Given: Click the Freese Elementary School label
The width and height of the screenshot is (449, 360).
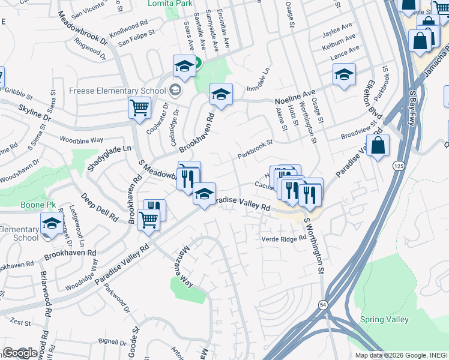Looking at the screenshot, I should coord(117,91).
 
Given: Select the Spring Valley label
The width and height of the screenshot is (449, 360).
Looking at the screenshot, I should coord(385,319).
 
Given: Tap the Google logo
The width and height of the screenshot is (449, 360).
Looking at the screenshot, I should coord(20,353).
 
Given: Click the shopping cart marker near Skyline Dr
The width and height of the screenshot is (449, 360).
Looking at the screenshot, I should coord(139,109).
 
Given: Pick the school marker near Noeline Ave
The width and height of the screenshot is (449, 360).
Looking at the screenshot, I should coord(221,94).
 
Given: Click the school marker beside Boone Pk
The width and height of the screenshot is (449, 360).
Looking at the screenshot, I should coord(52,224).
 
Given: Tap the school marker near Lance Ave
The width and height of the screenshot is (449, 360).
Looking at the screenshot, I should coord(344,74).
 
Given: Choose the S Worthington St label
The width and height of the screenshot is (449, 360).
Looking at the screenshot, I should coord(314,246).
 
